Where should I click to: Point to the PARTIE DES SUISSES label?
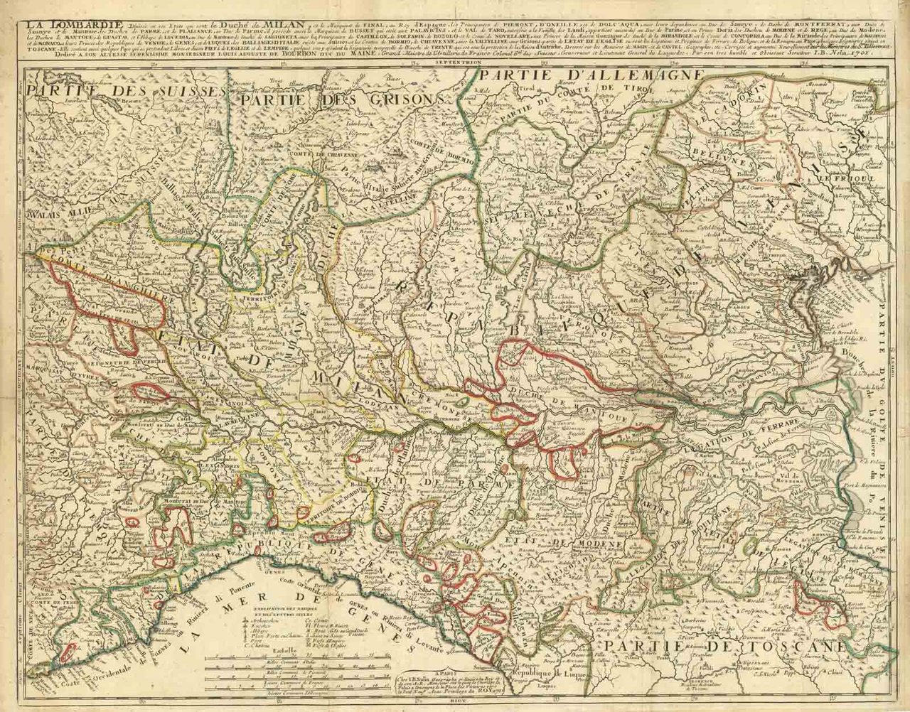click(x=124, y=93)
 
